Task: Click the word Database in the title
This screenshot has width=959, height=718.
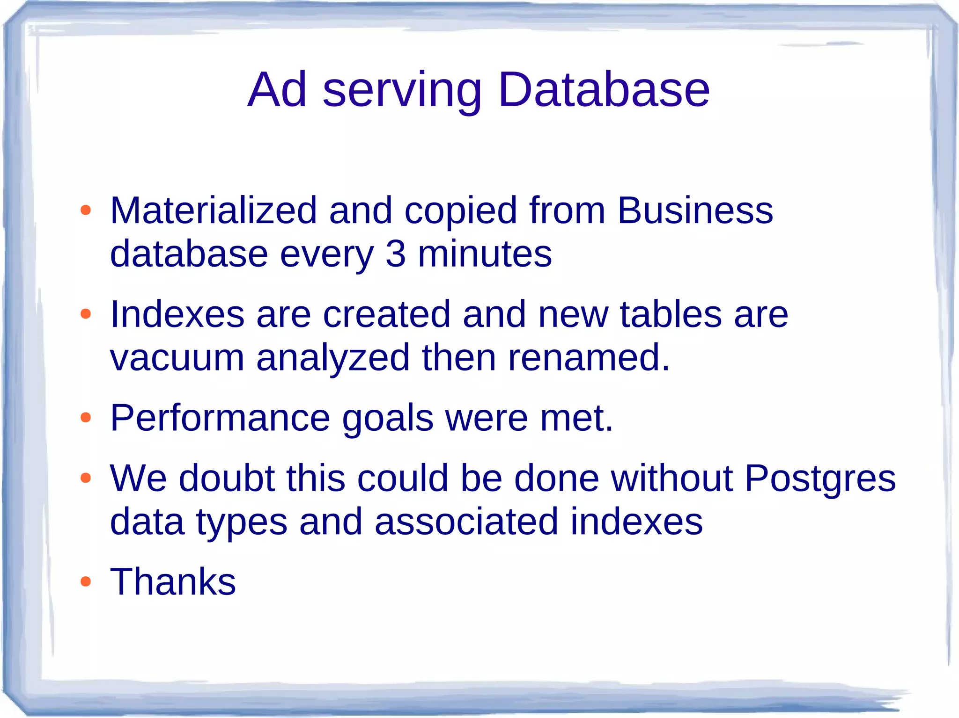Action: tap(604, 90)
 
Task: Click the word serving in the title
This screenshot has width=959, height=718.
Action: tap(402, 91)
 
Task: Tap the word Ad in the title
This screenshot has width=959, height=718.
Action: tap(277, 90)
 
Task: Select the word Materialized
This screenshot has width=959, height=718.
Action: tap(214, 210)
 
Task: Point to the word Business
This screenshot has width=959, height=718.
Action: tap(695, 210)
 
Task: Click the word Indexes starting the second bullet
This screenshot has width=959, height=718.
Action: tap(177, 314)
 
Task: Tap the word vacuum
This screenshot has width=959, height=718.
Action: tap(177, 358)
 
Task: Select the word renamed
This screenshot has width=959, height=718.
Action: tap(589, 358)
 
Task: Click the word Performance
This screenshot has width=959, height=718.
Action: tap(220, 418)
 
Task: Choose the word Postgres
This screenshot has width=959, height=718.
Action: tap(820, 479)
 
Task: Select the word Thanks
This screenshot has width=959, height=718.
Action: tap(173, 581)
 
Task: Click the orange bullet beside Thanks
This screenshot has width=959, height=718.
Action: tap(85, 582)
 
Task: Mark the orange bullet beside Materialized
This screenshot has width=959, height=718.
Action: tap(85, 210)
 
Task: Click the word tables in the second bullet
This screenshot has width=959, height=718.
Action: tap(671, 314)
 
